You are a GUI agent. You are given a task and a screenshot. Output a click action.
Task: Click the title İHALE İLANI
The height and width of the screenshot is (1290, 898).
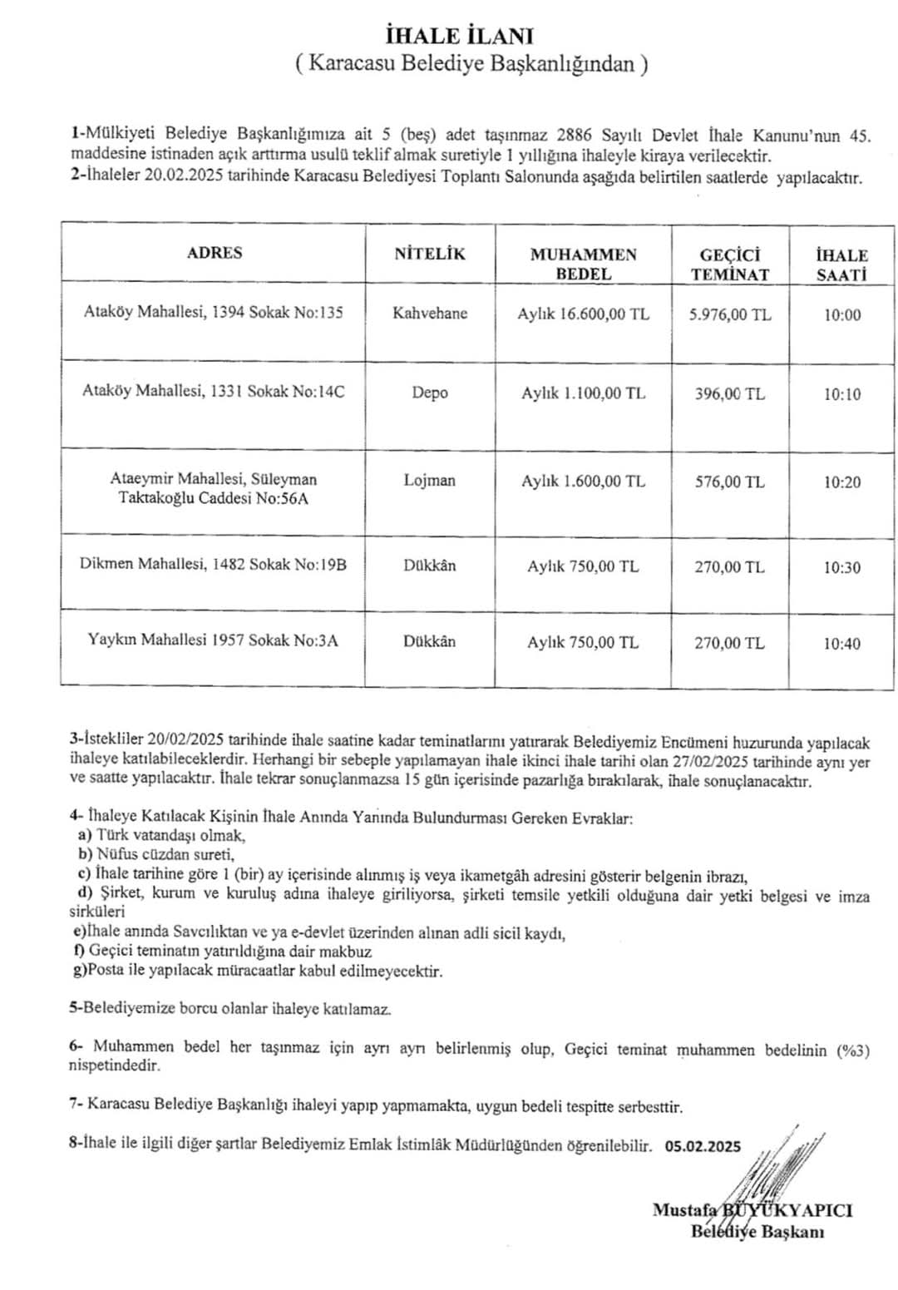pos(460,36)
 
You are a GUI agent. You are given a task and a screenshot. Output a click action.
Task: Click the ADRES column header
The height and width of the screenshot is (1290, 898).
pos(215,253)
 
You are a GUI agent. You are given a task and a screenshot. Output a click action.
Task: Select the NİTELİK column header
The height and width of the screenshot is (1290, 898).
pos(430,254)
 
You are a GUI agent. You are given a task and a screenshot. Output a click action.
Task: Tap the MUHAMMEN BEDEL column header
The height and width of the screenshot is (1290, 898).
pos(583,264)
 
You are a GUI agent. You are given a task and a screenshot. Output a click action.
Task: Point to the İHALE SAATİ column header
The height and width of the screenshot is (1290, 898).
pos(841,264)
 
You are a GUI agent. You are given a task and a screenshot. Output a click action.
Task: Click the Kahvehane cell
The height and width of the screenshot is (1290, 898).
pos(430,314)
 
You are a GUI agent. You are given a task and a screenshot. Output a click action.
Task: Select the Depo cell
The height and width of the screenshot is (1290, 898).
pos(430,393)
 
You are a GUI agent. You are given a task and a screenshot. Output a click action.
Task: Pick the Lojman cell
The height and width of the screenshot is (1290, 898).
pos(430,480)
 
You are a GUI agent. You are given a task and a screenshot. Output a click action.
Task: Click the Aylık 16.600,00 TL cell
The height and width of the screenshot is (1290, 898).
pos(583,314)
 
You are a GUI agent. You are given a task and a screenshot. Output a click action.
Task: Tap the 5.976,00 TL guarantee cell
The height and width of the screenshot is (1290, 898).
pos(730,314)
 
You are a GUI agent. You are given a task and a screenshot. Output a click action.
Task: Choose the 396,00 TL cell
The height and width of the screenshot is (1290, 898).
pos(730,393)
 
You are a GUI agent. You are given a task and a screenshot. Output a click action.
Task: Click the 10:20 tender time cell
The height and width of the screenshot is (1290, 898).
pos(842,482)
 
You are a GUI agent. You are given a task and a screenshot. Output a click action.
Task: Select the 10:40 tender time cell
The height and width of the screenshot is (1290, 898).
pos(842,643)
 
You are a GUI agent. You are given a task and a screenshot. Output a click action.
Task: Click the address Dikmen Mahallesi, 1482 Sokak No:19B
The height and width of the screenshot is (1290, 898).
pos(213,564)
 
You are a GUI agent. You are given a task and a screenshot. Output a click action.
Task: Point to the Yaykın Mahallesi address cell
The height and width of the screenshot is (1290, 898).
pos(213,640)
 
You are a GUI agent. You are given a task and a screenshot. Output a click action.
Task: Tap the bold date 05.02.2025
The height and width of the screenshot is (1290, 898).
pos(703,1145)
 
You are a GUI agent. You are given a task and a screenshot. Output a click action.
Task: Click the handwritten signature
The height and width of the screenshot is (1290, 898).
pos(773,1181)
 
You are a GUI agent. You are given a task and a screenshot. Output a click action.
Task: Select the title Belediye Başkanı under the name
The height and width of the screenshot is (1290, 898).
pos(757,1232)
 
